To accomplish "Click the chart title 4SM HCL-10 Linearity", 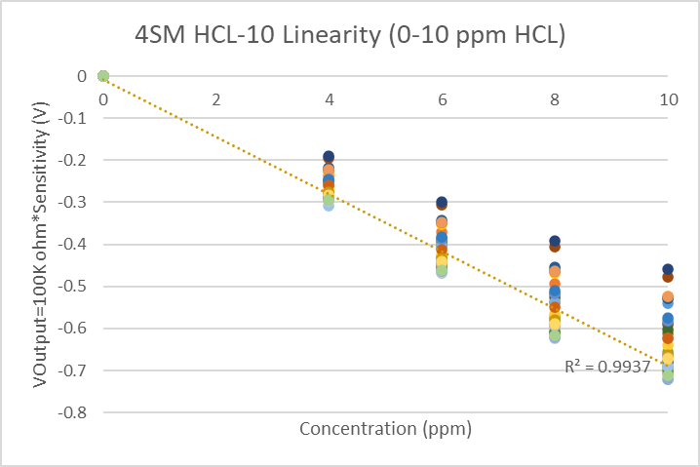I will coord(350,35).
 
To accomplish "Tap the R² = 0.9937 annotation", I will coord(607,367).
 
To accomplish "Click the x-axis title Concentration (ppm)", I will coord(385,428).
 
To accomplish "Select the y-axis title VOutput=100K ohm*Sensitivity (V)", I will coord(42,244).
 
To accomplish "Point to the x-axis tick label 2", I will coord(215,98).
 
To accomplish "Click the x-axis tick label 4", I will coord(330,98).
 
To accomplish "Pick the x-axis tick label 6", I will coord(442,98).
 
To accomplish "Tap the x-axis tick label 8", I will coord(555,98).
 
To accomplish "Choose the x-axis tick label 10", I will coord(668,98).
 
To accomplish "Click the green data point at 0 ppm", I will coord(102,76).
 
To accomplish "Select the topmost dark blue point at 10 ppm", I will coord(668,269).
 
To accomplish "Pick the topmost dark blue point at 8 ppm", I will coord(555,241).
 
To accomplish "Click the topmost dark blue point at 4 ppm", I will coord(330,157).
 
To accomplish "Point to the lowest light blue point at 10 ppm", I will coord(668,378).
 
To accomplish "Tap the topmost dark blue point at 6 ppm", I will coord(442,202).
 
